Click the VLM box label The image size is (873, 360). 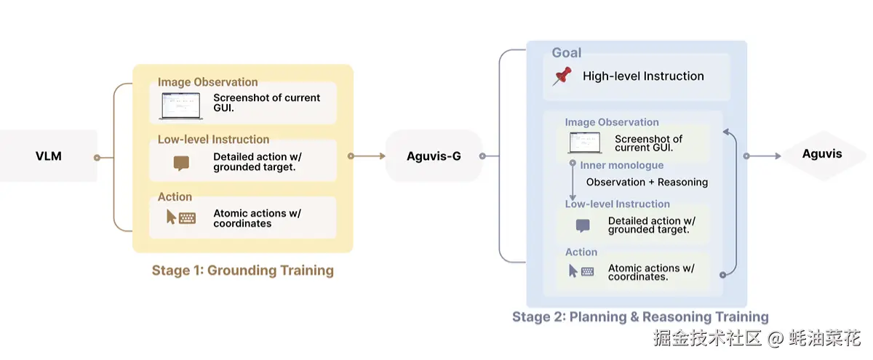(48, 156)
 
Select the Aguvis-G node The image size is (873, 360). (434, 156)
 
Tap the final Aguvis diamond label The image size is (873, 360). (822, 154)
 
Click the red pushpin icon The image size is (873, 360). (562, 76)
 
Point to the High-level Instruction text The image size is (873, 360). (643, 76)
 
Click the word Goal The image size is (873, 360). (566, 52)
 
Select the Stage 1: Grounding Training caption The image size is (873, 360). (243, 271)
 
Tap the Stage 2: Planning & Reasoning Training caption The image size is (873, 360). (640, 317)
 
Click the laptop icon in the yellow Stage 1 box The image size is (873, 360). (181, 105)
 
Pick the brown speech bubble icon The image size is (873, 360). (181, 163)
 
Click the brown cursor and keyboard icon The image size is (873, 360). (181, 217)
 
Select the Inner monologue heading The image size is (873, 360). (621, 165)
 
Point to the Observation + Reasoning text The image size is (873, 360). (647, 182)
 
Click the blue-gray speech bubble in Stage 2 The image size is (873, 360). (583, 225)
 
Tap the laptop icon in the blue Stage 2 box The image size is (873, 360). (585, 143)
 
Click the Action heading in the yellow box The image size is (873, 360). (175, 197)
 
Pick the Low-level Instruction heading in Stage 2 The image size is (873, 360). (618, 204)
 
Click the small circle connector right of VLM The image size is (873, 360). (97, 157)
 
